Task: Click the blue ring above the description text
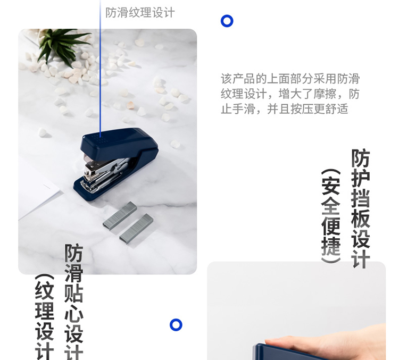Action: [227, 16]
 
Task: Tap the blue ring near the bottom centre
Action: [176, 320]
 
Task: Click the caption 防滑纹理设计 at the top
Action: [140, 12]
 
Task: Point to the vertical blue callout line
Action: [100, 69]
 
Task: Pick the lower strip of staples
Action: [136, 229]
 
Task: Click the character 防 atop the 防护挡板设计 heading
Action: [361, 158]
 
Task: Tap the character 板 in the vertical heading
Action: [361, 219]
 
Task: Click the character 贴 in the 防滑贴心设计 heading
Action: [74, 293]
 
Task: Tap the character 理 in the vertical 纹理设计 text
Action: [45, 311]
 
